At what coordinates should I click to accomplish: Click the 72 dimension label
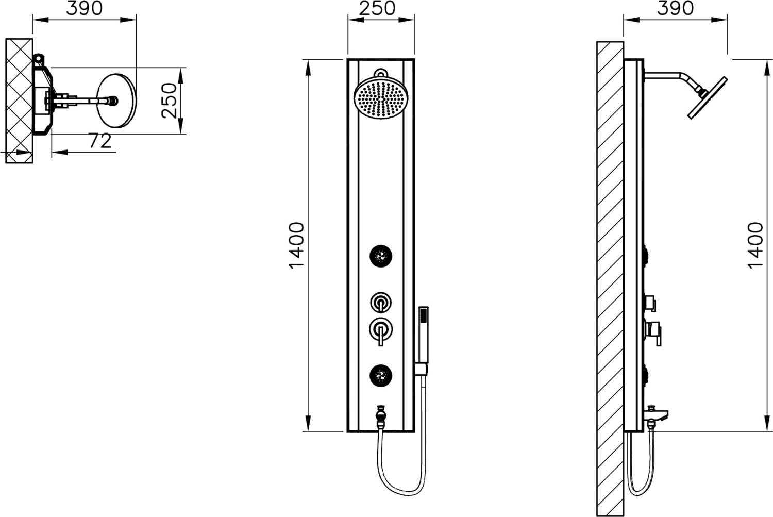[x=100, y=141]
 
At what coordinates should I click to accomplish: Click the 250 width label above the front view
[x=377, y=8]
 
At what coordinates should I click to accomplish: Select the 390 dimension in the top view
[x=84, y=8]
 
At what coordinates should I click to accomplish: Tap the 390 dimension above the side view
[x=675, y=8]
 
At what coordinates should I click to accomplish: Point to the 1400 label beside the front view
[x=296, y=245]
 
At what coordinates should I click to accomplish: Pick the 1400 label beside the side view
[x=755, y=245]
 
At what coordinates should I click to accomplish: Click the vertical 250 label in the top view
[x=169, y=101]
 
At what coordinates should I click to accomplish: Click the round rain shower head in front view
[x=381, y=97]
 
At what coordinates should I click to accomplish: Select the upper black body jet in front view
[x=381, y=256]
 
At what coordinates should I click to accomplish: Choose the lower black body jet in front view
[x=381, y=375]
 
